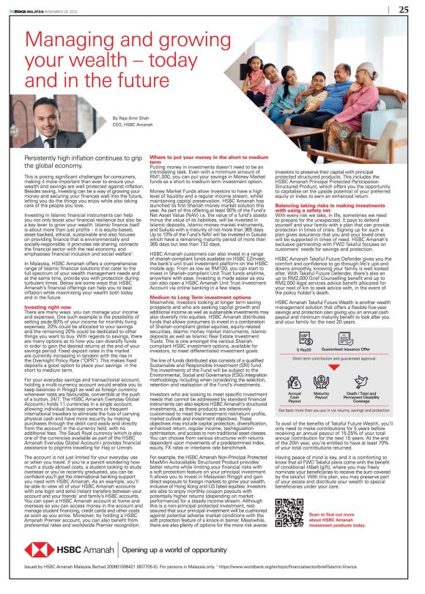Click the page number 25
tap(403, 10)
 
